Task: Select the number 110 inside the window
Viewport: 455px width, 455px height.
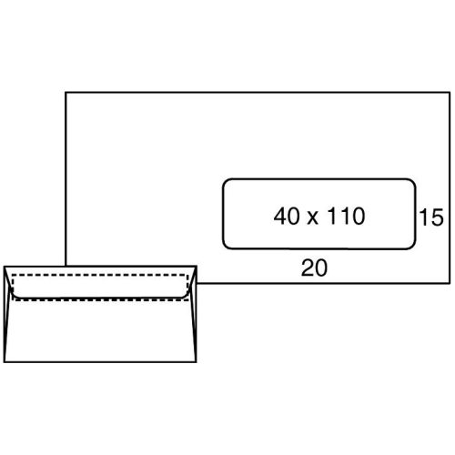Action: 346,216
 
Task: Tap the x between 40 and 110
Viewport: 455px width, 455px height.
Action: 312,218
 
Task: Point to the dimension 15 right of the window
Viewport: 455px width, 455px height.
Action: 431,217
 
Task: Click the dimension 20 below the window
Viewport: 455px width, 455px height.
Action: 314,268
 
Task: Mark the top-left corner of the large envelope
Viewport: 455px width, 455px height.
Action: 66,92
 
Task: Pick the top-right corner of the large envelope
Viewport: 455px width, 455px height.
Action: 450,92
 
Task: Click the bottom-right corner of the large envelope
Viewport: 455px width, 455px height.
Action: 450,283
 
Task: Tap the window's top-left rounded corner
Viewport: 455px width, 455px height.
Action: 226,182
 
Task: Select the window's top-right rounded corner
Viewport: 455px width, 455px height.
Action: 412,182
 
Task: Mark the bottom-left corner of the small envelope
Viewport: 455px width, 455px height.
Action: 5,361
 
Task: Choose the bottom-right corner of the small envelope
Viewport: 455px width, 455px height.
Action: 197,361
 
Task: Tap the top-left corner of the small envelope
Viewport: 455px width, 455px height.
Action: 5,267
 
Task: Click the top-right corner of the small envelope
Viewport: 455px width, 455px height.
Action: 197,267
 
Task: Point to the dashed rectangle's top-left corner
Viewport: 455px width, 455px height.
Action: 13,275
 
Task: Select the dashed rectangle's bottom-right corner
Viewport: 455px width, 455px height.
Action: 188,300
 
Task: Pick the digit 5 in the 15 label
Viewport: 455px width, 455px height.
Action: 437,217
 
